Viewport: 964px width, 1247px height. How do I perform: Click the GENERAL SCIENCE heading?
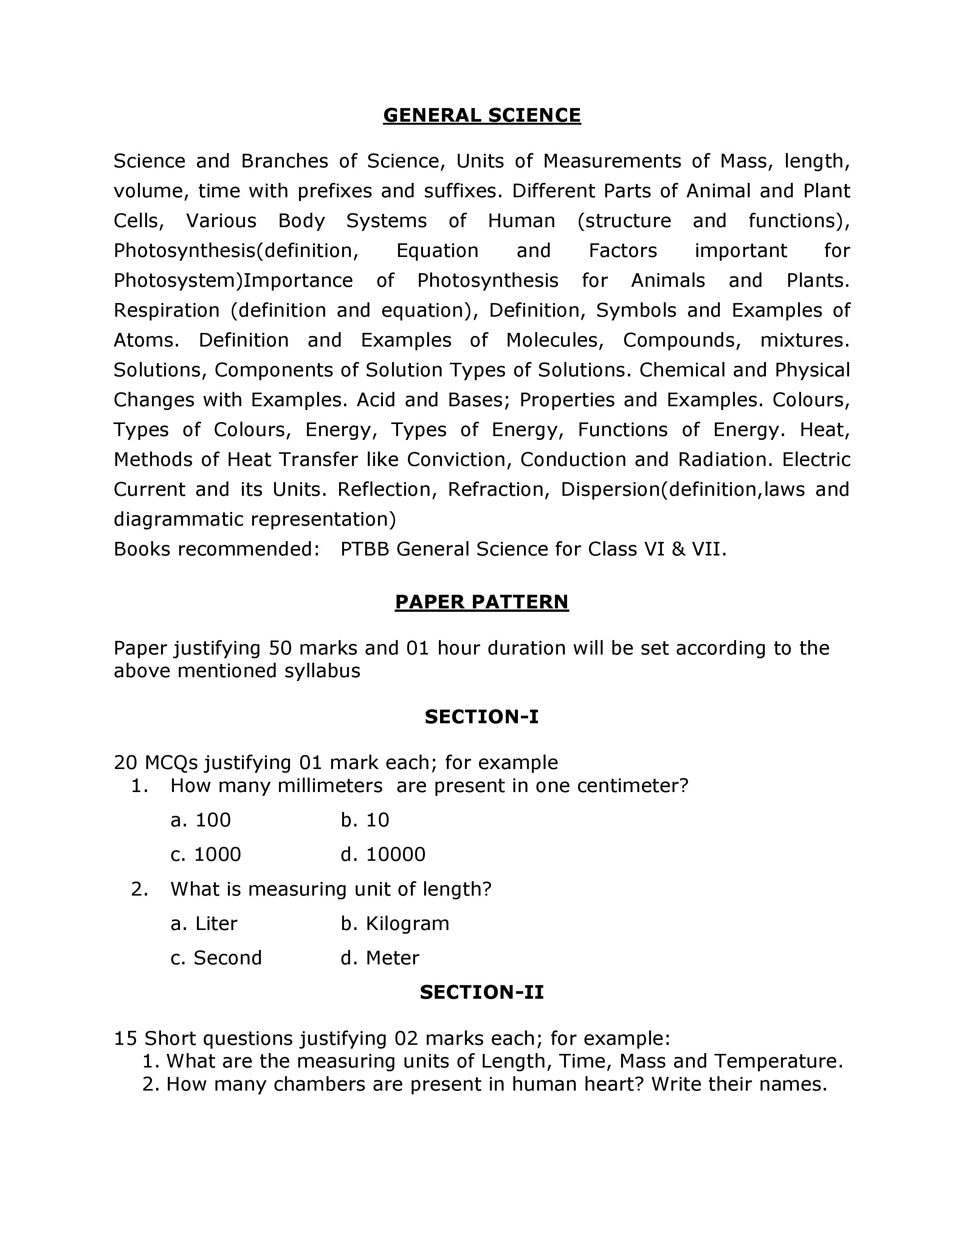pyautogui.click(x=481, y=115)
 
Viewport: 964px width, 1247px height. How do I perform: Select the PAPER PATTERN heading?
pyautogui.click(x=481, y=602)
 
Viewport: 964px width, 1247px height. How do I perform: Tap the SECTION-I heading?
pyautogui.click(x=481, y=716)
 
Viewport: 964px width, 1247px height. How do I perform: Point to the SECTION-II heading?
pyautogui.click(x=481, y=992)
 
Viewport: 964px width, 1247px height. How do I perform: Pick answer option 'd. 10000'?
pyautogui.click(x=383, y=854)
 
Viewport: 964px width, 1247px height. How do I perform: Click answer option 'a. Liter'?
pyautogui.click(x=204, y=923)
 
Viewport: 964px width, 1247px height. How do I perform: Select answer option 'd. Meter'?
pyautogui.click(x=380, y=958)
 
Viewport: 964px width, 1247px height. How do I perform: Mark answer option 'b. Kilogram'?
pyautogui.click(x=395, y=923)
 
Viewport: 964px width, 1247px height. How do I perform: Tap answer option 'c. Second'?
pyautogui.click(x=216, y=958)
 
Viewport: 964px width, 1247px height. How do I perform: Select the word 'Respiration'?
pyautogui.click(x=166, y=311)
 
